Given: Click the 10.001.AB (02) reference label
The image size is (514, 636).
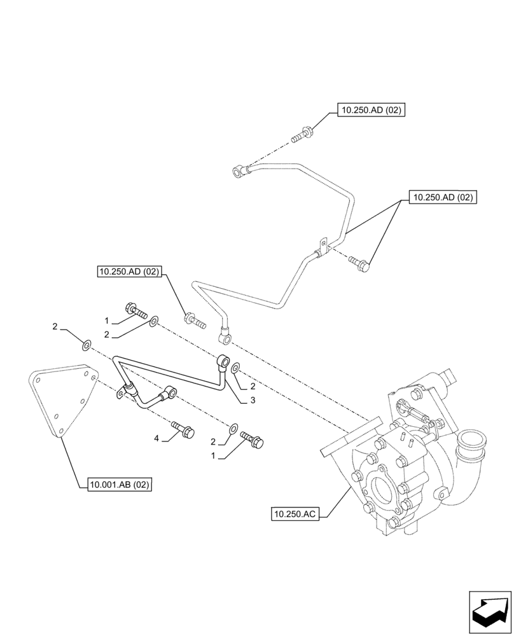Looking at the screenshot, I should tap(117, 485).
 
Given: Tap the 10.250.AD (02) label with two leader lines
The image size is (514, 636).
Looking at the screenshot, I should tap(443, 198).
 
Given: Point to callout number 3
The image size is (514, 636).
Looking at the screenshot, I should tap(253, 401).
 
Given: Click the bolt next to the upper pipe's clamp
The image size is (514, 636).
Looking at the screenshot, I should tap(359, 264).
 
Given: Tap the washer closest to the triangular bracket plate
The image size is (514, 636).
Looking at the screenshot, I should tap(85, 345).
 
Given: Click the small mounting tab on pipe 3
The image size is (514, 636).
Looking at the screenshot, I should tap(120, 396).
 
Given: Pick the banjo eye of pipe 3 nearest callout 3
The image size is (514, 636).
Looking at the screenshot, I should tap(224, 361).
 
